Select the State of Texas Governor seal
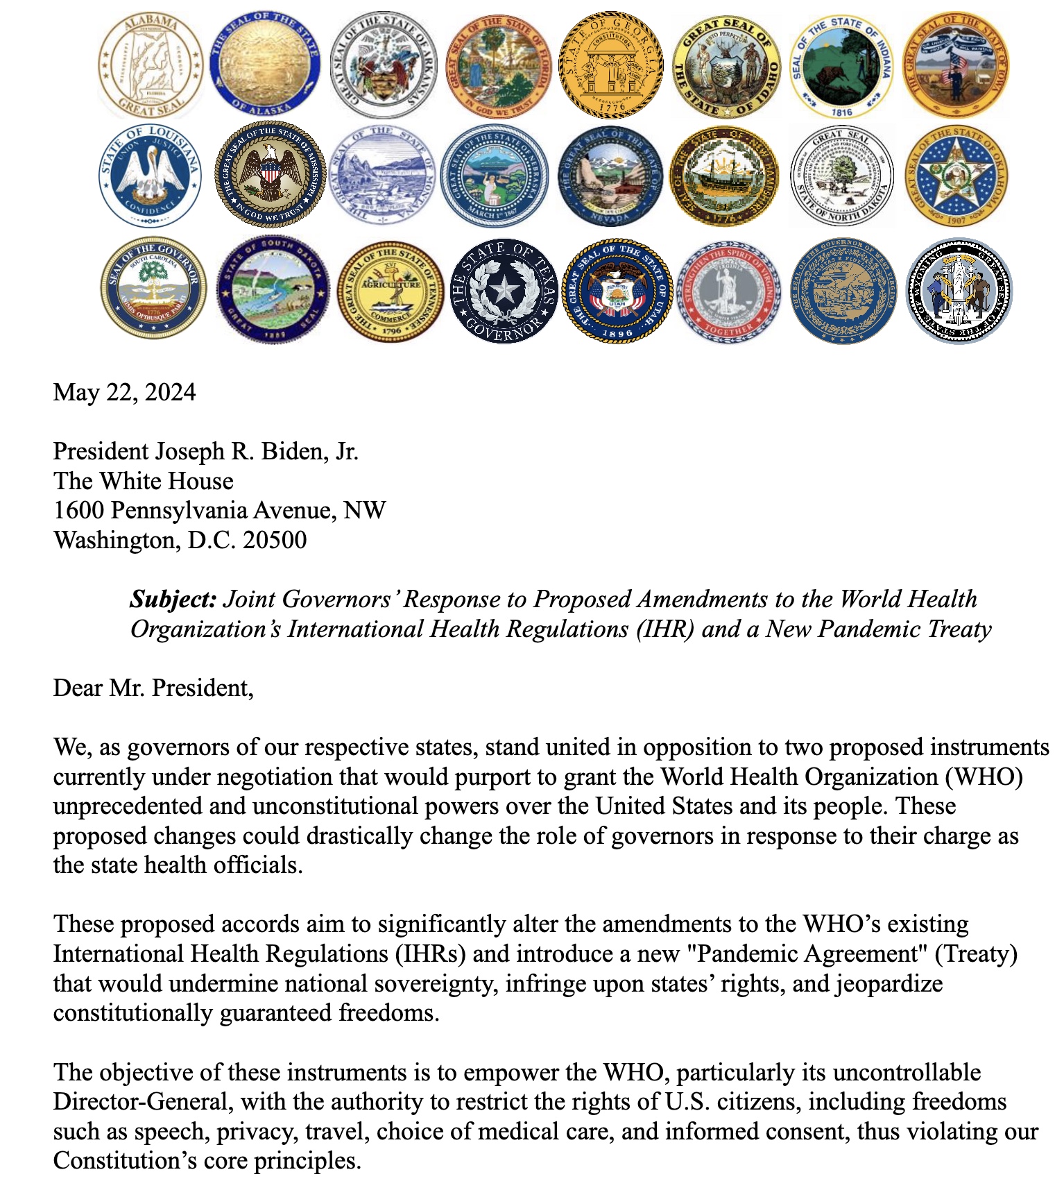coord(504,291)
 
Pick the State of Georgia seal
coord(611,65)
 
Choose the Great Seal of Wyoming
coord(959,291)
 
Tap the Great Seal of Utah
coord(617,291)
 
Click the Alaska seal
coord(266,65)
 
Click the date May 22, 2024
coord(124,393)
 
